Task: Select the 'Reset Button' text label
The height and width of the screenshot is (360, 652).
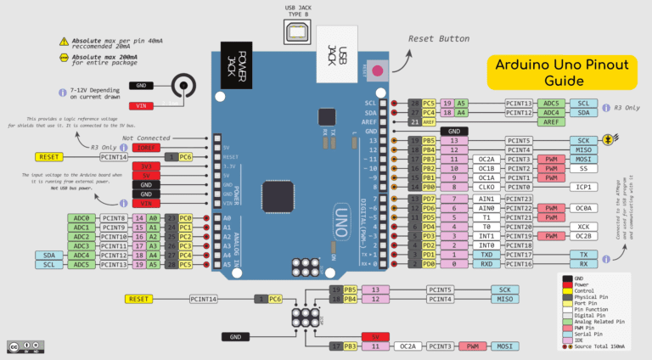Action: [x=439, y=39]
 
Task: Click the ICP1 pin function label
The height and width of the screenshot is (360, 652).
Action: [x=583, y=187]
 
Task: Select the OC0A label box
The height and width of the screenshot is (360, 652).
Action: [x=583, y=208]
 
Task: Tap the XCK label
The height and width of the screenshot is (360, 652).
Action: [x=583, y=228]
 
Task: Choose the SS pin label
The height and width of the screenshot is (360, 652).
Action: [x=583, y=168]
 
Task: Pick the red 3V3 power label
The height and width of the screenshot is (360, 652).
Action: [x=145, y=167]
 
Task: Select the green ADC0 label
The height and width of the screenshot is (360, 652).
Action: [x=81, y=218]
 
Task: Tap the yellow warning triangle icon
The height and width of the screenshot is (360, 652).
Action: [x=65, y=41]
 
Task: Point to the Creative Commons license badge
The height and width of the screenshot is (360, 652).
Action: [x=25, y=346]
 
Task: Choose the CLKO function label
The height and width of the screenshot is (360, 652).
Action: [x=486, y=187]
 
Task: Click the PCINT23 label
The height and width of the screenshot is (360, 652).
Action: [x=519, y=199]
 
